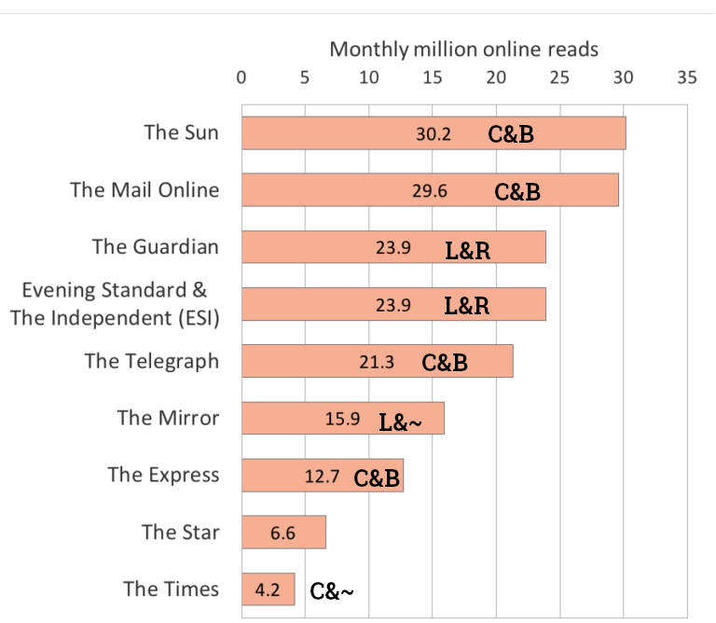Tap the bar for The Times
point(268,589)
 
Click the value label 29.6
point(430,191)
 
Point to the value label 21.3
point(377,362)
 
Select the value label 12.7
point(323,477)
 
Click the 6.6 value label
point(283,533)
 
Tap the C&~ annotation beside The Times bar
point(332,591)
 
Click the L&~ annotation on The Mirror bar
point(400,421)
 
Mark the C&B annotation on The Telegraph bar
point(445,363)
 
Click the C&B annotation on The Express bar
point(376,478)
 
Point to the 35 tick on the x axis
point(686,77)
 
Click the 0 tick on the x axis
point(241,77)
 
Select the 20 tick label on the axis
point(496,77)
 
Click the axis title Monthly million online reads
point(463,48)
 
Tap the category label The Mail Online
point(145,190)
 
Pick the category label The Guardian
point(156,247)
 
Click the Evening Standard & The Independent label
point(114,303)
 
